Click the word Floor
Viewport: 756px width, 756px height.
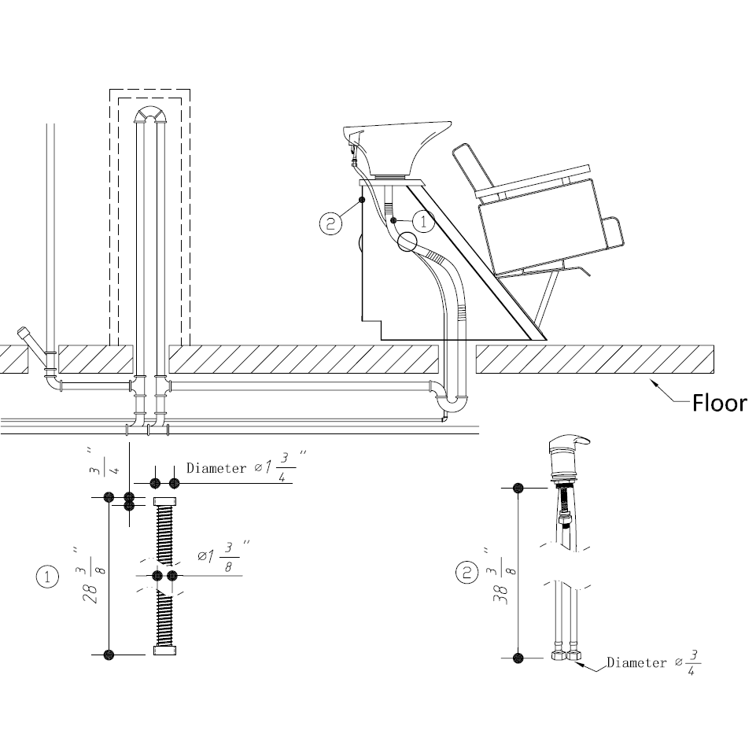click(718, 404)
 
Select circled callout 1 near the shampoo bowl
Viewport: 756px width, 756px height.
click(423, 222)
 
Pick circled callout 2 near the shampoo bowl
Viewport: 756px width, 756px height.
click(330, 223)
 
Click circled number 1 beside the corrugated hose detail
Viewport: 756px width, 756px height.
click(47, 577)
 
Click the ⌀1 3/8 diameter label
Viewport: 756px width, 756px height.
click(223, 556)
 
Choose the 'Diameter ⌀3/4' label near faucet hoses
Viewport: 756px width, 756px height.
click(652, 663)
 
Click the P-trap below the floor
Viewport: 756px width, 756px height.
click(453, 401)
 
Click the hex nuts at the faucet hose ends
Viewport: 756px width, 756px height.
click(567, 655)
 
